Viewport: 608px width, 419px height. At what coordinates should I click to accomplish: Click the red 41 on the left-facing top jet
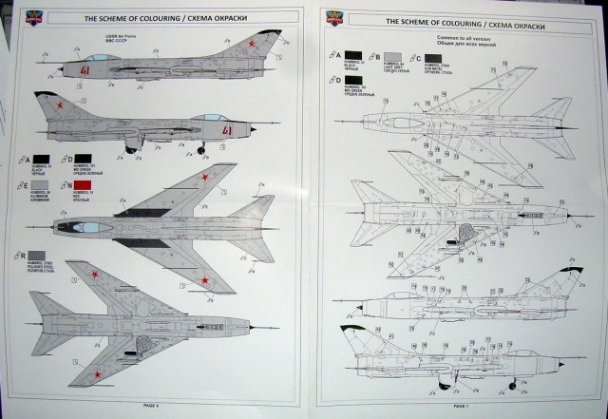(x=85, y=71)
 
